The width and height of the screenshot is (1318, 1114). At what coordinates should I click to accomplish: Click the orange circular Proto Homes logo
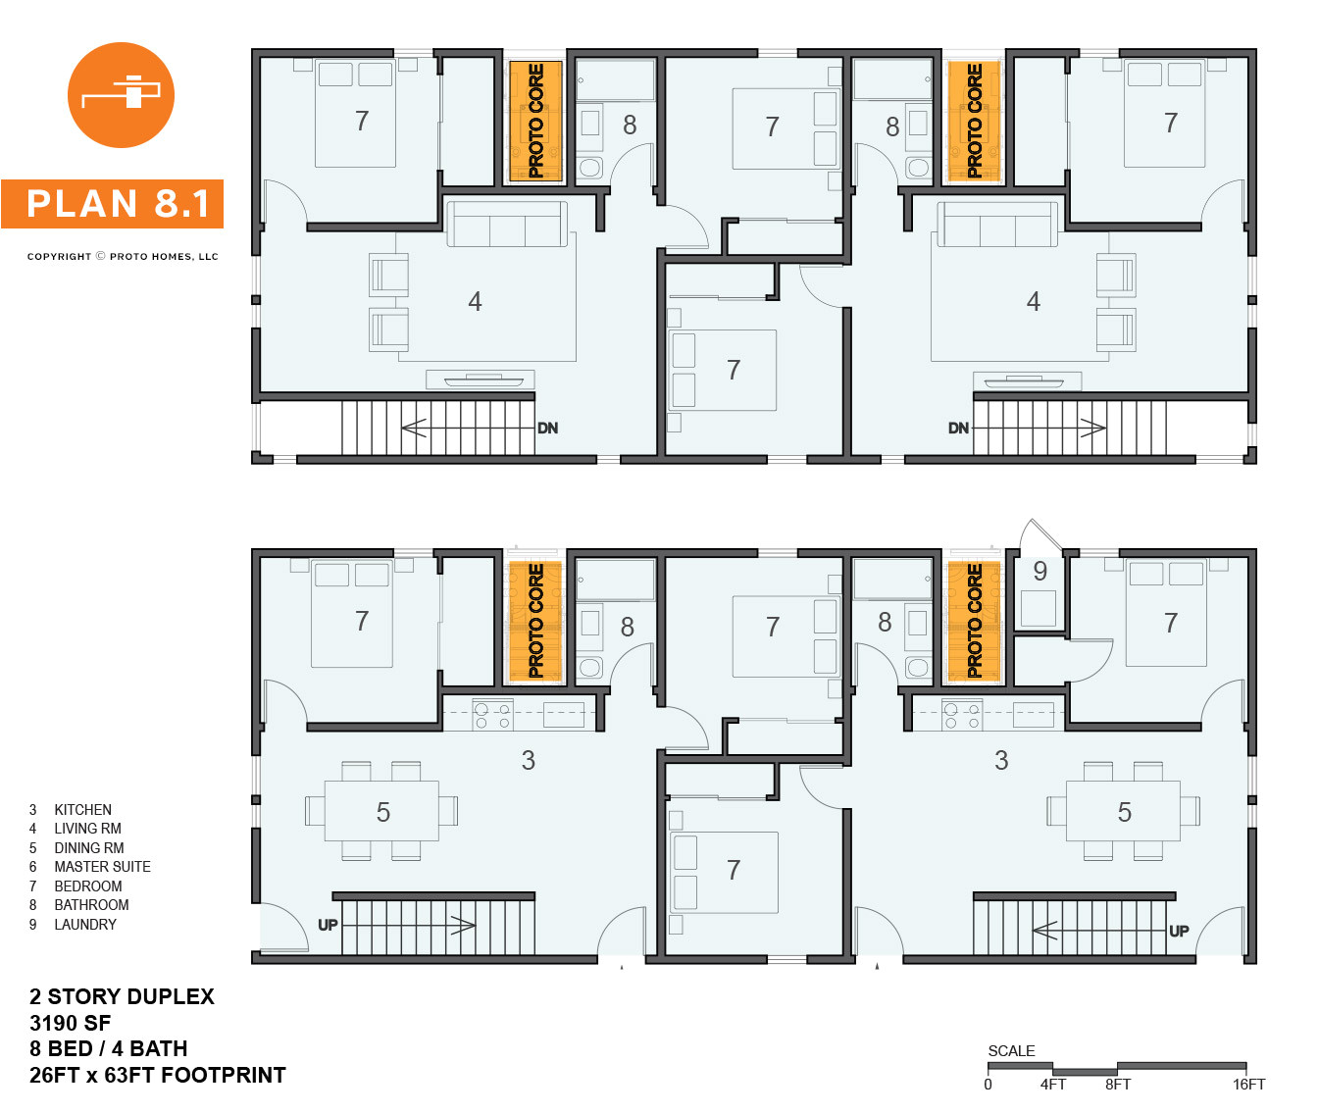click(121, 95)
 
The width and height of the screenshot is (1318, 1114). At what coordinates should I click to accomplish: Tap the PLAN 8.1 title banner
click(113, 204)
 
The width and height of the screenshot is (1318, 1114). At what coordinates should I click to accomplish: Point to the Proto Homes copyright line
click(123, 257)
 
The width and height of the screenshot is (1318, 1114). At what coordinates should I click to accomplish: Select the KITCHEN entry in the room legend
click(82, 810)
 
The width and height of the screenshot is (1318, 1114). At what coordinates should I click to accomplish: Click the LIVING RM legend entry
click(87, 829)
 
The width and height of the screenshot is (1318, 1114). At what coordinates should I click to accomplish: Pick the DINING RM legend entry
click(88, 848)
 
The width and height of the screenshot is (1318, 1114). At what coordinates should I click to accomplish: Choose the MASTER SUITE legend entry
click(102, 867)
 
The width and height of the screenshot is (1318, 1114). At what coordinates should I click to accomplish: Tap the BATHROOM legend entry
click(91, 905)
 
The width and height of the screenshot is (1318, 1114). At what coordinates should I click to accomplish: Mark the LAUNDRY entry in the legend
click(84, 925)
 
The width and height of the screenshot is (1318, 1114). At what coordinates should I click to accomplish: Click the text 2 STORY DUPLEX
click(122, 996)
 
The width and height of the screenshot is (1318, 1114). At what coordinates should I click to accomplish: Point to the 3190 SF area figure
click(70, 1023)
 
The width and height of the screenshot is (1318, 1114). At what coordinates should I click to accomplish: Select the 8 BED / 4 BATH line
click(108, 1049)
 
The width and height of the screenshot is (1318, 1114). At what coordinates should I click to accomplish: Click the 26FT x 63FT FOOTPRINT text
click(157, 1076)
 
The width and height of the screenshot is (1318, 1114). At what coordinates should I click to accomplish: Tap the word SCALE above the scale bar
click(1011, 1051)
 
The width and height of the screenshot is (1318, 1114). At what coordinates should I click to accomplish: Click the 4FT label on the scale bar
click(1053, 1085)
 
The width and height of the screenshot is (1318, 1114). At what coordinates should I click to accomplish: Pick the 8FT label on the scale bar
click(1118, 1085)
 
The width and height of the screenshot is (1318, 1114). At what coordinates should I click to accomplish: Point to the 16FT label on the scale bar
click(1248, 1085)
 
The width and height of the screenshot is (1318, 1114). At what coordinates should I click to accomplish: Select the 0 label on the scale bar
click(988, 1085)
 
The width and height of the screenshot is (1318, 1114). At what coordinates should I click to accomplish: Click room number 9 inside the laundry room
click(1039, 571)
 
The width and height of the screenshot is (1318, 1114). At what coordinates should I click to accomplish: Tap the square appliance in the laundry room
click(1039, 608)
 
